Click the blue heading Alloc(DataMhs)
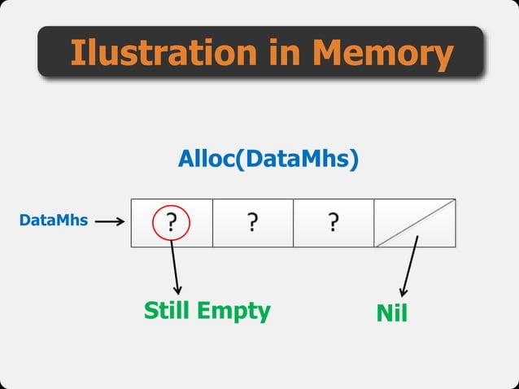pyautogui.click(x=268, y=160)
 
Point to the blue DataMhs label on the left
pyautogui.click(x=53, y=220)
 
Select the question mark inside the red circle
pyautogui.click(x=172, y=221)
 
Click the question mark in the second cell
pyautogui.click(x=253, y=221)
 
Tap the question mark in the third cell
pyautogui.click(x=334, y=221)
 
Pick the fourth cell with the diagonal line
pyautogui.click(x=415, y=222)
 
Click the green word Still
pyautogui.click(x=172, y=310)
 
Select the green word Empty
pyautogui.click(x=238, y=310)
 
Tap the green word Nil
pyautogui.click(x=392, y=313)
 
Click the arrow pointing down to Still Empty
pyautogui.click(x=175, y=269)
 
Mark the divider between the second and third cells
pyautogui.click(x=293, y=222)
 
